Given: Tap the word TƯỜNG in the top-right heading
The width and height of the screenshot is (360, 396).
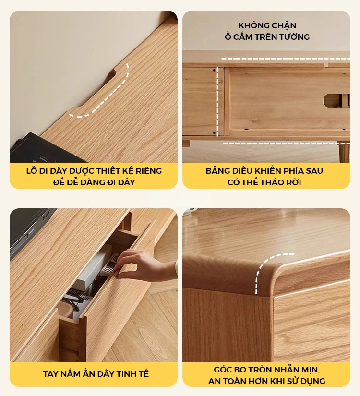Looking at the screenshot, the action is click(x=295, y=37).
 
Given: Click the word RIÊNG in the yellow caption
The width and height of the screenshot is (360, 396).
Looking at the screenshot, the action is click(x=149, y=171).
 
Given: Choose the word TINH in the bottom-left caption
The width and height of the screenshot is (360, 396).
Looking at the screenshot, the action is click(x=123, y=374).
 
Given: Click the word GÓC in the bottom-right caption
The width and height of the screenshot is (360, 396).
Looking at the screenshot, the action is click(x=223, y=370).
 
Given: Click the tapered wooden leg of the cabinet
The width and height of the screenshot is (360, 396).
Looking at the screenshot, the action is click(x=344, y=152).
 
